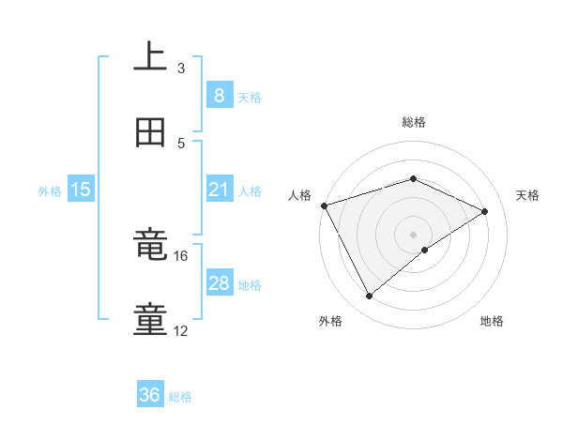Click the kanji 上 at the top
150,57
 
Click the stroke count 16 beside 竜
181,255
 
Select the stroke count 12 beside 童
181,331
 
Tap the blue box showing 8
219,95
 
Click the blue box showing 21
219,190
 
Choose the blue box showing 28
219,283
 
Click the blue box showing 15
81,190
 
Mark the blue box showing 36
150,395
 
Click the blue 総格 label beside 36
180,397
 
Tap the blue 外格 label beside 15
50,190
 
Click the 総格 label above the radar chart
414,122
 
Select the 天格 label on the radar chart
528,195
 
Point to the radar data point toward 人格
324,205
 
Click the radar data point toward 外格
369,297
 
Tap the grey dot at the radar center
414,235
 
